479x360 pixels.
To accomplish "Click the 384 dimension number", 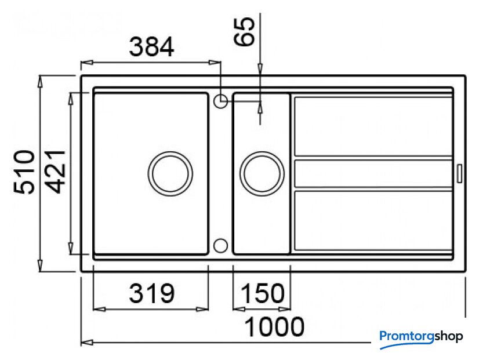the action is (x=151, y=47).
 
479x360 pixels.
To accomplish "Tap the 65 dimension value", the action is (x=244, y=31).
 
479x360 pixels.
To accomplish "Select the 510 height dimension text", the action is (x=24, y=172).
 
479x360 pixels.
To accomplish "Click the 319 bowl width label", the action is (x=151, y=293).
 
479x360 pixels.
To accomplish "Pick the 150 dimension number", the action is (x=263, y=293).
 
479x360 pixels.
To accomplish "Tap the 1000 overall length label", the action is (x=275, y=327).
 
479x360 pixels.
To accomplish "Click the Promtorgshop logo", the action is (x=421, y=338).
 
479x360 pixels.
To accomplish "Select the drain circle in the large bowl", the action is (x=170, y=173).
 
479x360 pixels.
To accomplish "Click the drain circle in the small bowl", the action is (x=262, y=173).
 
